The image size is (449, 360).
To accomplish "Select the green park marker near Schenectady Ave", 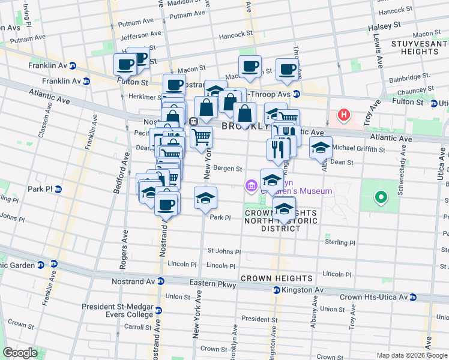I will (x=379, y=197).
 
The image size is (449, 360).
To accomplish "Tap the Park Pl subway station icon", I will (x=58, y=189).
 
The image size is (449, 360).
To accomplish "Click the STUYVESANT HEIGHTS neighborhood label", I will (x=414, y=47).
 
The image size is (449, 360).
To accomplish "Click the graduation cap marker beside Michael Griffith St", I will (x=321, y=147).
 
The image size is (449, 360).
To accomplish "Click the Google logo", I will (x=20, y=353).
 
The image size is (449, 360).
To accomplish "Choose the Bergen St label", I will (x=229, y=169).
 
